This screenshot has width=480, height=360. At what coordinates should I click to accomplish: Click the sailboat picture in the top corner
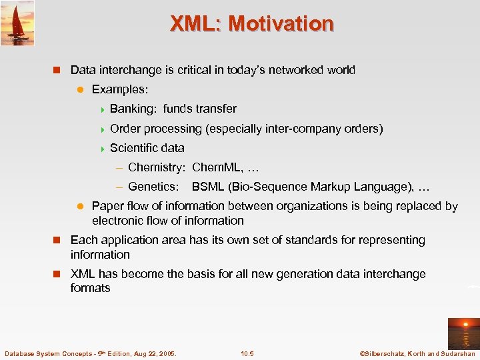(x=17, y=23)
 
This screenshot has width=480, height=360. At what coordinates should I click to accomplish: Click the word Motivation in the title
(x=281, y=23)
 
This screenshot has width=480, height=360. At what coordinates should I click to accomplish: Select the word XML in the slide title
(x=195, y=23)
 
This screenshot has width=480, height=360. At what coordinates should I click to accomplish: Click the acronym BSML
(x=208, y=187)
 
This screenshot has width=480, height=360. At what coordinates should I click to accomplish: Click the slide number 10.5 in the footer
(x=247, y=353)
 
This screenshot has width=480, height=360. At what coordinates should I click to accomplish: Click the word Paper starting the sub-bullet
(x=107, y=206)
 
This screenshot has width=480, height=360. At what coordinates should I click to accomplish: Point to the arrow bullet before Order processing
(x=101, y=129)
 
